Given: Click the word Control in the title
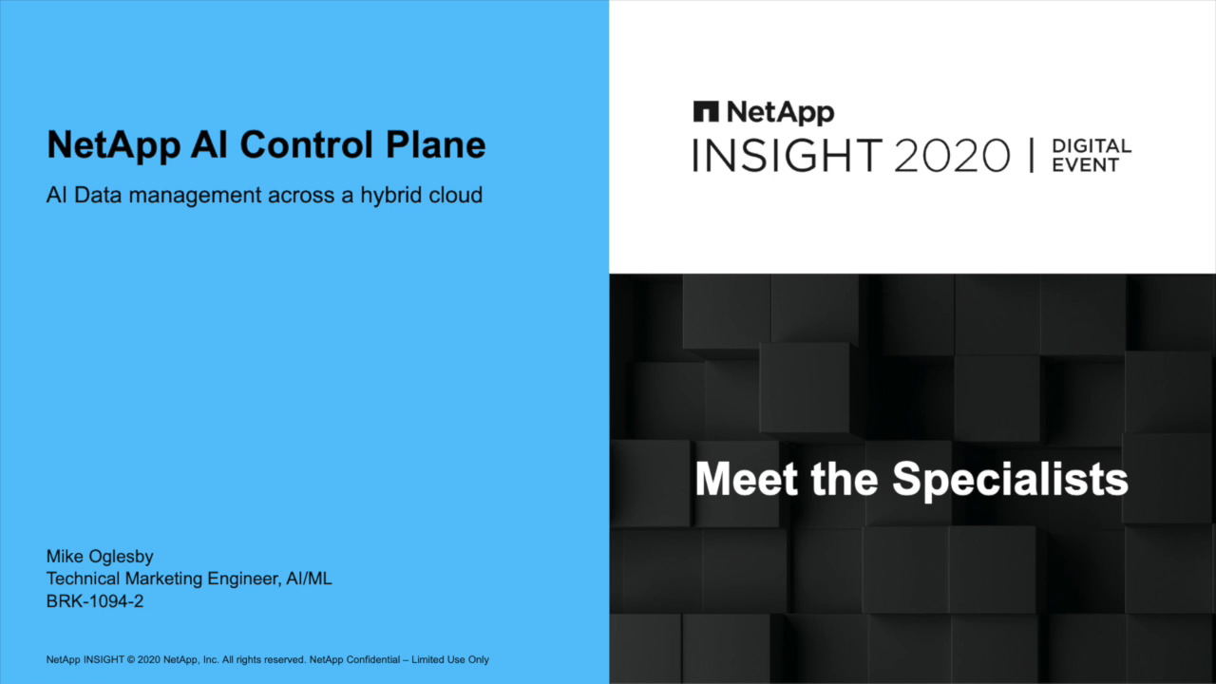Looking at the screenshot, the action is tap(307, 145).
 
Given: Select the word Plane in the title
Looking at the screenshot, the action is tap(436, 145).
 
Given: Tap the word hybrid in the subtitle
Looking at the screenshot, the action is tap(389, 196).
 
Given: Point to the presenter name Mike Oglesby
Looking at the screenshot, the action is tap(100, 557).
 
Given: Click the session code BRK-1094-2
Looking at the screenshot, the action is tap(95, 601).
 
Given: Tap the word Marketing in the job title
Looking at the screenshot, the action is tap(164, 579).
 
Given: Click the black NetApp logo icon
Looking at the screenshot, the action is tap(706, 112).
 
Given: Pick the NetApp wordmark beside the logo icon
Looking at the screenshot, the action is tap(781, 113).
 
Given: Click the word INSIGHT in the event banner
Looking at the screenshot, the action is tap(788, 155).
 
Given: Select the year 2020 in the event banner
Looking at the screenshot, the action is tap(952, 155).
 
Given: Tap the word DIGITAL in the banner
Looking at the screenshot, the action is tap(1092, 146).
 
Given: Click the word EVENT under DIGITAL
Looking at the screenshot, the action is tap(1086, 165).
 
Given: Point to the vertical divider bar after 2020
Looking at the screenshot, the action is tap(1032, 155).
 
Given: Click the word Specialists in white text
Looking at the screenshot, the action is tap(1010, 480).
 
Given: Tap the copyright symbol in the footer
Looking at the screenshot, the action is tap(131, 660).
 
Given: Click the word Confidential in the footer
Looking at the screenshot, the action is tap(373, 659).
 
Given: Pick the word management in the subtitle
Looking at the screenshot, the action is tap(195, 196).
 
